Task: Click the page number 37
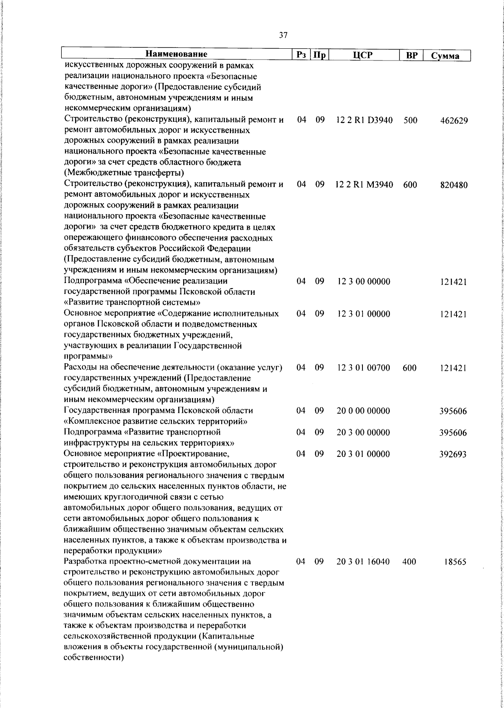[x=283, y=36]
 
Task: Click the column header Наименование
[x=176, y=55]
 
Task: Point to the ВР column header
[x=411, y=55]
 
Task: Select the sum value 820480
[x=454, y=185]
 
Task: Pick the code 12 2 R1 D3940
[x=364, y=120]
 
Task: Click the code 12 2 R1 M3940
[x=364, y=185]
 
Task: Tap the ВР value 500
[x=410, y=120]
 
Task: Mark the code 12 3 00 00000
[x=364, y=281]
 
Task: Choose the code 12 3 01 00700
[x=364, y=368]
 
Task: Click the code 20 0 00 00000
[x=364, y=411]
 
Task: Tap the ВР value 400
[x=409, y=562]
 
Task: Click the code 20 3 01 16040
[x=364, y=562]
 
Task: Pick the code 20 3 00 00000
[x=364, y=433]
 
